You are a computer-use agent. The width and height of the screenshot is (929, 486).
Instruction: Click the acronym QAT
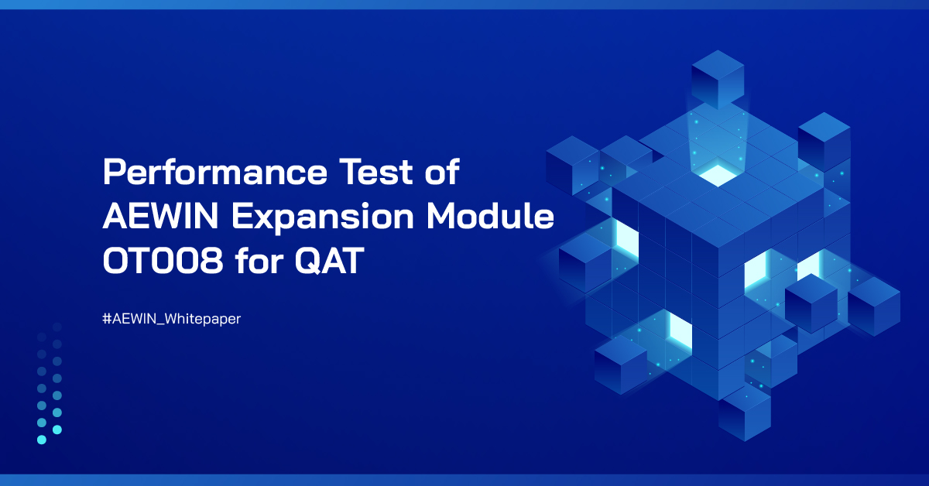pos(330,263)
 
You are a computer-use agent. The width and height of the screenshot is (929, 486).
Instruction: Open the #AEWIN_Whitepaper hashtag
pos(171,318)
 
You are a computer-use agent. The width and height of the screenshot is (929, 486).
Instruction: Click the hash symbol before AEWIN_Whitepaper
pos(106,318)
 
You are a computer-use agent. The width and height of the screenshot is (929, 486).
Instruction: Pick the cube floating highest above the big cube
pos(717,77)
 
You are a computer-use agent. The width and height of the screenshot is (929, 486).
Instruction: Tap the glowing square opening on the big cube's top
pos(717,174)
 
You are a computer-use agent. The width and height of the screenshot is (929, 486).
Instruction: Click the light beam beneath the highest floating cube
pos(717,139)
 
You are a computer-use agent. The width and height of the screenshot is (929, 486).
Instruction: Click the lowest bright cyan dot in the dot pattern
pos(42,440)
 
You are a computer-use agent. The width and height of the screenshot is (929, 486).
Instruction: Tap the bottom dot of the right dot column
pos(57,430)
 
